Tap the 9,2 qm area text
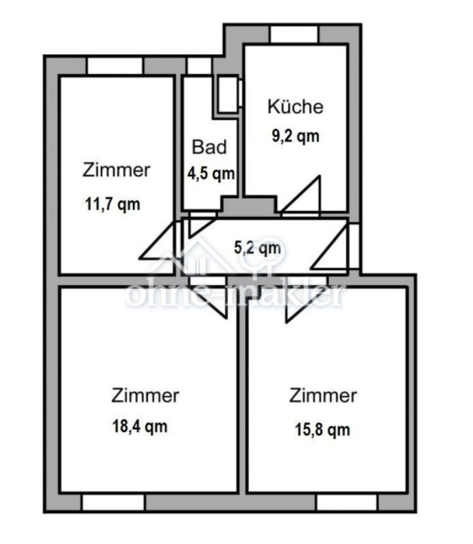coord(295,136)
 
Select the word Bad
coord(209,147)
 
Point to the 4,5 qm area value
coord(211,173)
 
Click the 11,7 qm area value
coord(113,204)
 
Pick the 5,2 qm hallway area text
coord(257,248)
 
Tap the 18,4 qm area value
coord(140,426)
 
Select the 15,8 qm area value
coord(322,429)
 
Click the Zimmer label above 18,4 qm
coord(145,395)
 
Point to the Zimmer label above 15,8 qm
coord(323,395)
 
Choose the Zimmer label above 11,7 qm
coord(117,170)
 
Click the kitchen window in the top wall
coord(294,34)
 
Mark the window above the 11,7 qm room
coord(115,66)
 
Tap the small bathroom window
coord(199,66)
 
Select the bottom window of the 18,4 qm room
coord(113,502)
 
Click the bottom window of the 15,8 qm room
coord(347,502)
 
